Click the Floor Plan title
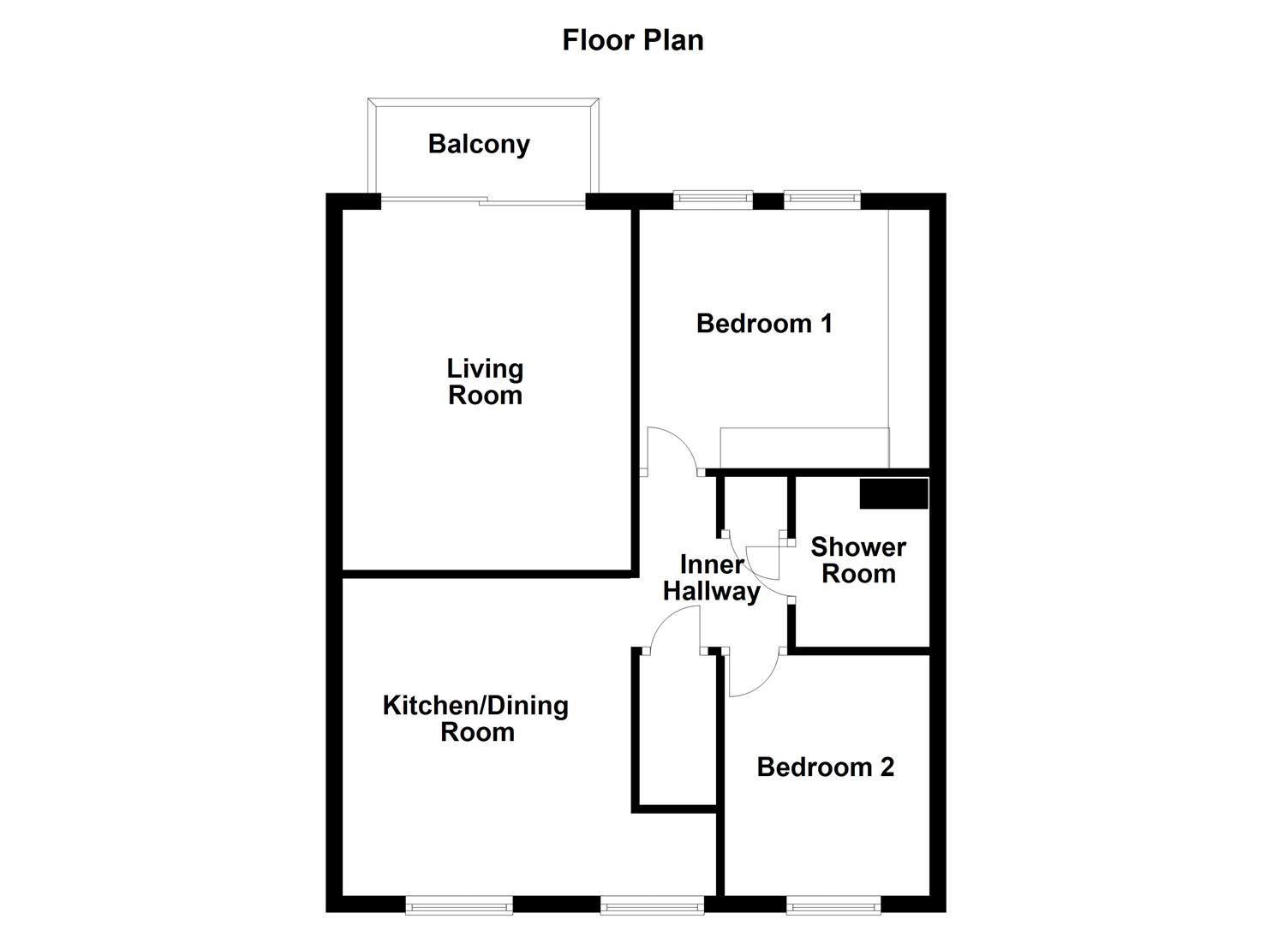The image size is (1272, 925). pos(632,40)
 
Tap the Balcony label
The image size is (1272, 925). pos(479,144)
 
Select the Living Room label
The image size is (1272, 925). pos(485,382)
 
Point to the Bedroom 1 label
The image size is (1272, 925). pos(764,324)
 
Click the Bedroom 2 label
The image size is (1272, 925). pos(825,767)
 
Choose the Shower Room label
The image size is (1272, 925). pos(858,560)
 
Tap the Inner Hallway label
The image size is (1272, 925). pos(711,578)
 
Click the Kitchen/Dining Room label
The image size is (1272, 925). pos(475,719)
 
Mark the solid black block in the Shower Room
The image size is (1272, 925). pos(893,494)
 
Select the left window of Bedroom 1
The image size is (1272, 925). pos(713,200)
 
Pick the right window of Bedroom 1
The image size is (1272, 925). pos(821,200)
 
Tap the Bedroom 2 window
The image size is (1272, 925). pos(833,904)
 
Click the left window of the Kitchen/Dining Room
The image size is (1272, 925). pos(459,904)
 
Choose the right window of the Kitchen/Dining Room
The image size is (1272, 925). pos(652,904)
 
